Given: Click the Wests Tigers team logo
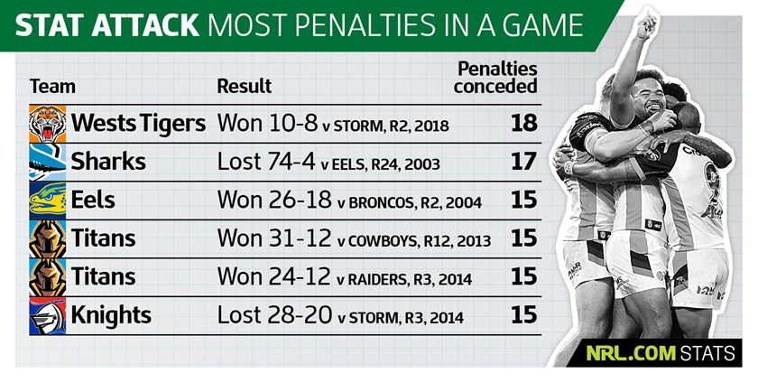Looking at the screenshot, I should click(47, 123).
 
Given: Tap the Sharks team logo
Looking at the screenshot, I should click(47, 162).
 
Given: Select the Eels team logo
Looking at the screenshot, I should click(47, 201).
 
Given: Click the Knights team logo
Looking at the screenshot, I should click(47, 317).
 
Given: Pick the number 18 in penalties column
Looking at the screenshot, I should click(523, 123).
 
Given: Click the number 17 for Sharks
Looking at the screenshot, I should click(523, 162).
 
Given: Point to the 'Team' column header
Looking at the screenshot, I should click(52, 87).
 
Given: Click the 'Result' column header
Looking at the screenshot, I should click(244, 87).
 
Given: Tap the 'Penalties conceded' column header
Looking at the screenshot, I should click(495, 78).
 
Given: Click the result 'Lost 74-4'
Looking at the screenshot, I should click(264, 162).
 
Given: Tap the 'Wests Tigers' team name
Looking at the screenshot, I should click(139, 123).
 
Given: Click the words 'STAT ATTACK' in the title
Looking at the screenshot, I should click(108, 24).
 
